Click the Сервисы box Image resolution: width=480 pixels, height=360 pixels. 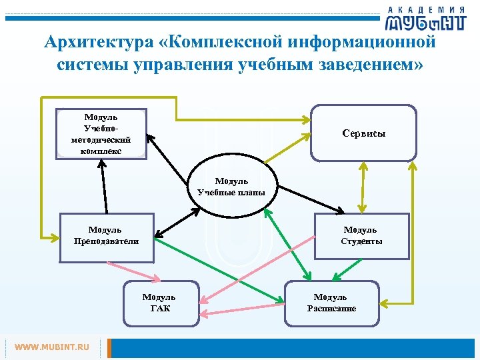point(363,133)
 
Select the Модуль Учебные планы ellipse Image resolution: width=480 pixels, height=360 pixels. point(231,187)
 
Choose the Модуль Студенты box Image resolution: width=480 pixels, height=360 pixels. point(361,235)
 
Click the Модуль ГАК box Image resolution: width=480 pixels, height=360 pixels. point(159,303)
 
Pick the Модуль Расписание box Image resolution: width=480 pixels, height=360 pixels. point(331,303)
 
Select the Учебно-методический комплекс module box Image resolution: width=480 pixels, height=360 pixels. point(101,133)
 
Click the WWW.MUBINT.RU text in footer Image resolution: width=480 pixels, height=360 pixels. point(51,347)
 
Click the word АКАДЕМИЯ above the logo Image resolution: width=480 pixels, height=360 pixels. point(427,9)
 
